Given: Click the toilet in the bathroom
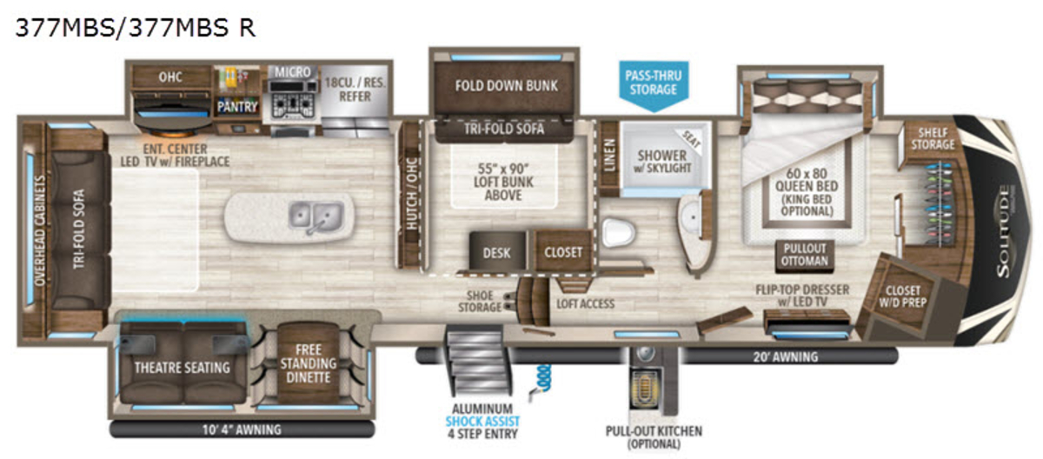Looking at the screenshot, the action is pyautogui.click(x=619, y=232).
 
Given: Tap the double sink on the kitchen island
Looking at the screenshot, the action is pyautogui.click(x=316, y=216).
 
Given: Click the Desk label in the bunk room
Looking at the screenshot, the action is pyautogui.click(x=496, y=253).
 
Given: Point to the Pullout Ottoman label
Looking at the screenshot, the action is pyautogui.click(x=805, y=255).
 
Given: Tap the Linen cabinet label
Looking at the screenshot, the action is pyautogui.click(x=609, y=156).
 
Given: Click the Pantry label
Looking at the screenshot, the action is pyautogui.click(x=237, y=107).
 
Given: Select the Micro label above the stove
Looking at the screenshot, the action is pyautogui.click(x=292, y=72).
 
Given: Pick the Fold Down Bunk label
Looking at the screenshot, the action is pyautogui.click(x=506, y=86).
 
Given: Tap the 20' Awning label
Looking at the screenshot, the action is pyautogui.click(x=786, y=357).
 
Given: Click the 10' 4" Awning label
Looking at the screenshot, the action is pyautogui.click(x=242, y=429).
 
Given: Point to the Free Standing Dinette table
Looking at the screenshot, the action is pyautogui.click(x=309, y=363).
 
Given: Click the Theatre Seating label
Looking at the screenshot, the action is pyautogui.click(x=182, y=368).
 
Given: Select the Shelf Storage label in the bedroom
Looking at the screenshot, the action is pyautogui.click(x=933, y=139).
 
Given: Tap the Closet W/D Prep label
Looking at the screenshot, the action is pyautogui.click(x=902, y=296).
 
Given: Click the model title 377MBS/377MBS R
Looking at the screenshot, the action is pyautogui.click(x=136, y=28).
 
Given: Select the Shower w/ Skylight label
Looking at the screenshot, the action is pyautogui.click(x=662, y=162).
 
